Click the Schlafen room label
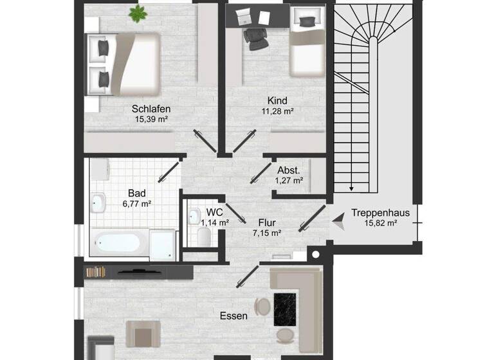coord(151,109)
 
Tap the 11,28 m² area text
coord(277,111)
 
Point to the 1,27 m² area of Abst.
coord(289,181)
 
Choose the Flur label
coord(267,223)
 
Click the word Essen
coord(233,316)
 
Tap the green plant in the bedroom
coord(137,12)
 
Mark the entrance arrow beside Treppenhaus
coord(337,220)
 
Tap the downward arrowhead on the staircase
coord(352,188)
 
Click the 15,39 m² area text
coord(151,120)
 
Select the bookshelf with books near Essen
coord(95,272)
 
